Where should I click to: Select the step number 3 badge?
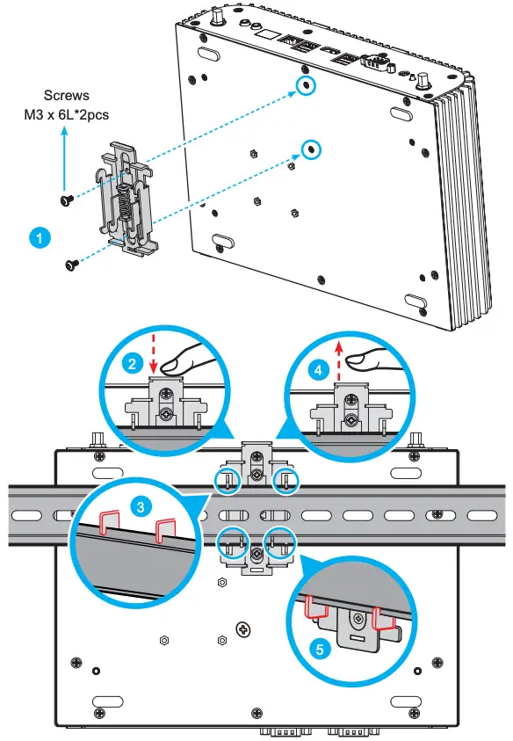(x=139, y=507)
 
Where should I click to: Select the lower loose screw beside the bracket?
(x=70, y=262)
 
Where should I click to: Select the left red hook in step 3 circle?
(x=111, y=523)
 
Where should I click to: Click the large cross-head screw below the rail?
(x=243, y=628)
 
